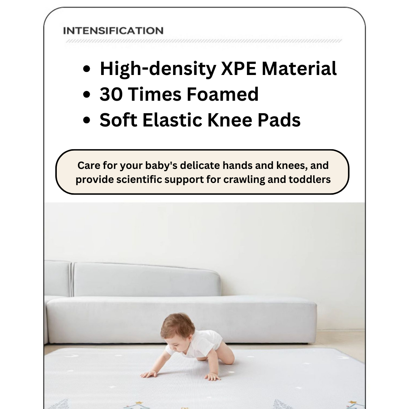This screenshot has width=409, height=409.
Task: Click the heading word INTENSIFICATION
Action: tap(113, 31)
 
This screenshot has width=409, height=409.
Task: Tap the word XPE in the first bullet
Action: tap(239, 69)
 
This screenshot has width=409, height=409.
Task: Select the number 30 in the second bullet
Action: tap(111, 94)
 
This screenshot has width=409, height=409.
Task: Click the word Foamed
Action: tap(223, 94)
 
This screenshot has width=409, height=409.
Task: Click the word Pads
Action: tap(279, 120)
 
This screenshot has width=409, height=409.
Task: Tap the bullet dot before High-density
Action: tap(87, 69)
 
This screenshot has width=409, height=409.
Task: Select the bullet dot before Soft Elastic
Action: tap(87, 120)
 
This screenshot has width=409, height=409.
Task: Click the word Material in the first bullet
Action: tap(299, 69)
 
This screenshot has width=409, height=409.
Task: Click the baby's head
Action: tap(177, 329)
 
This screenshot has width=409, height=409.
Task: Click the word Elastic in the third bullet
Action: tap(172, 120)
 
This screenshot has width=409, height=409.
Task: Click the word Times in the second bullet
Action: tap(155, 94)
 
